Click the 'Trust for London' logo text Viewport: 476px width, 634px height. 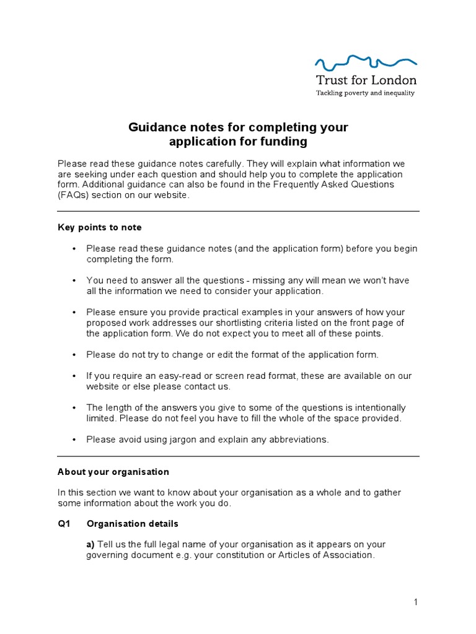tap(366, 80)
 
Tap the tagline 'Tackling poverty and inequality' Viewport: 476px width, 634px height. tap(366, 93)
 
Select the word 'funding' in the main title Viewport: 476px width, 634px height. tap(286, 141)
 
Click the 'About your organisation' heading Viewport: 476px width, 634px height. tap(113, 472)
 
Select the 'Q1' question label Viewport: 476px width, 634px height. tap(64, 524)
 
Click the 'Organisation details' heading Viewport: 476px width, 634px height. tap(133, 524)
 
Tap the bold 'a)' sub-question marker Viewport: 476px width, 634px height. tap(90, 545)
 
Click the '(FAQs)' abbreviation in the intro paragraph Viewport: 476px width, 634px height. tap(75, 196)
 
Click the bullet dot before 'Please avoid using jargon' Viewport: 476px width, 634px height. tap(74, 440)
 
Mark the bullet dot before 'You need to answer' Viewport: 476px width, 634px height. tap(74, 280)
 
